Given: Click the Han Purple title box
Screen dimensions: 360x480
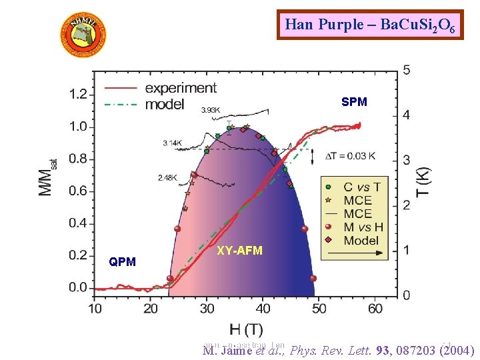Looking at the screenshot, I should tap(370, 25).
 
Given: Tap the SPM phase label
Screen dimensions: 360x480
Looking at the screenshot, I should tap(354, 102).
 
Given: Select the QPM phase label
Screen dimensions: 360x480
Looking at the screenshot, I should tap(122, 262).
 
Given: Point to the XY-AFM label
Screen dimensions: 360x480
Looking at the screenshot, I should tap(240, 251).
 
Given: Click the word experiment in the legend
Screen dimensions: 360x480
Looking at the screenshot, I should tap(180, 88).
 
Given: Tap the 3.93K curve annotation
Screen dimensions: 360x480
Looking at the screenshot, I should tap(211, 110).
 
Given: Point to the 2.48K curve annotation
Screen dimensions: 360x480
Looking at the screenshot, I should tap(169, 177).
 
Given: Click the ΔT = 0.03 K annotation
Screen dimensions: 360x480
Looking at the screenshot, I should tap(349, 156).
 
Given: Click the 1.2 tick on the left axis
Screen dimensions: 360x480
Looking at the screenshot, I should tap(78, 94).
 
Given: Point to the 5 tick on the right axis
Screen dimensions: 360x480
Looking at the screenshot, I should tap(407, 69).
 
